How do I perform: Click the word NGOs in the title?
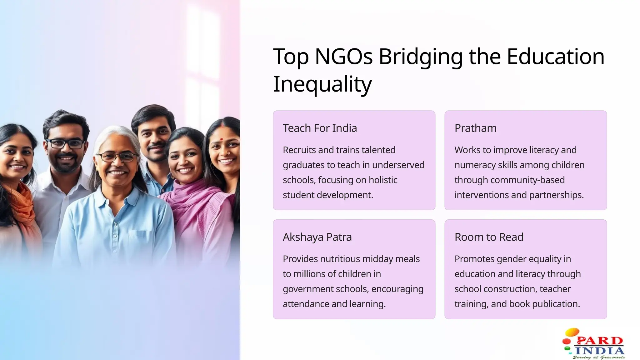pyautogui.click(x=344, y=57)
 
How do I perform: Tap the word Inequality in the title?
pyautogui.click(x=322, y=84)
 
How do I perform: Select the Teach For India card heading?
pyautogui.click(x=320, y=128)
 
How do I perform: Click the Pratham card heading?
pyautogui.click(x=475, y=128)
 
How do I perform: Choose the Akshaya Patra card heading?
pyautogui.click(x=317, y=237)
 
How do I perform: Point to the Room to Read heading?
pyautogui.click(x=489, y=237)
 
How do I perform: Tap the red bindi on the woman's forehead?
pyautogui.click(x=221, y=139)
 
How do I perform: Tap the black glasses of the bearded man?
pyautogui.click(x=65, y=144)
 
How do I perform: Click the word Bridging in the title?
pyautogui.click(x=420, y=57)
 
